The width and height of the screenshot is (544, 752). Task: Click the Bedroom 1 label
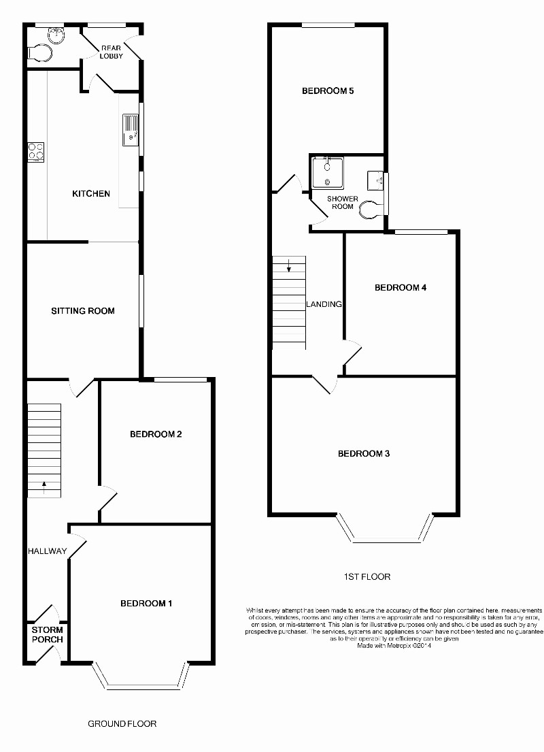146,604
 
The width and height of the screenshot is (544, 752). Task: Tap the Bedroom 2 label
156,434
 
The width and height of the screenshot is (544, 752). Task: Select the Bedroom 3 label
364,454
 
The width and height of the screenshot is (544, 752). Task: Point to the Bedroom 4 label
401,288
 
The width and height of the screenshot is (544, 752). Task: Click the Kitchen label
91,194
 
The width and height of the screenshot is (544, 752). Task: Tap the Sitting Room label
83,311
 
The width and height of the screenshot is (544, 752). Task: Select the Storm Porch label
47,635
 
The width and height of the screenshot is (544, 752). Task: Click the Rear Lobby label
112,52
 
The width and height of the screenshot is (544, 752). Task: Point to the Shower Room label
343,202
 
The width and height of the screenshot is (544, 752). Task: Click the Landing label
324,304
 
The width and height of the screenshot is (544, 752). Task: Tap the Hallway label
48,551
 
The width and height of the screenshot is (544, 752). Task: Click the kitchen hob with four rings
36,151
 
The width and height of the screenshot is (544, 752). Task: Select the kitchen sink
129,130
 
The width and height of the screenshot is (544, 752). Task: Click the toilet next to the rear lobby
39,53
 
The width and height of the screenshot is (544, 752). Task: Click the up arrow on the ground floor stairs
45,486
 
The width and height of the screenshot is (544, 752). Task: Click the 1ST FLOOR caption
367,577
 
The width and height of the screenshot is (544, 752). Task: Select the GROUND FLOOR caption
122,723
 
